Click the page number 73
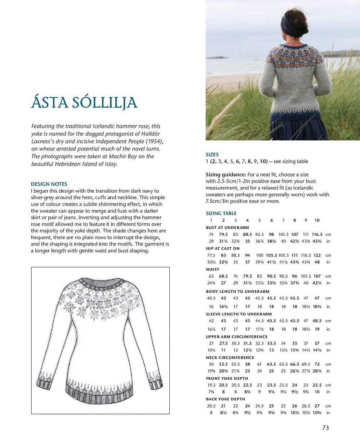pos(325,428)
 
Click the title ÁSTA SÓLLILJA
pos(84,103)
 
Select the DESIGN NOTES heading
pos(49,184)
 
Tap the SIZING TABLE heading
pos(221,213)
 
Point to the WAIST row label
pos(213,269)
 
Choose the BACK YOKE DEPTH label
pos(225,399)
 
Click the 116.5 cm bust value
pos(317,234)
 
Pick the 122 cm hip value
pos(317,255)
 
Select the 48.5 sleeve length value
pos(317,321)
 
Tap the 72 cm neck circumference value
pos(317,364)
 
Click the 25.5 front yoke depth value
pos(317,385)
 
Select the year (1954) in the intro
pos(148,141)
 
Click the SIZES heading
pos(212,154)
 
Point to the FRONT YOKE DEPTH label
pos(227,378)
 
